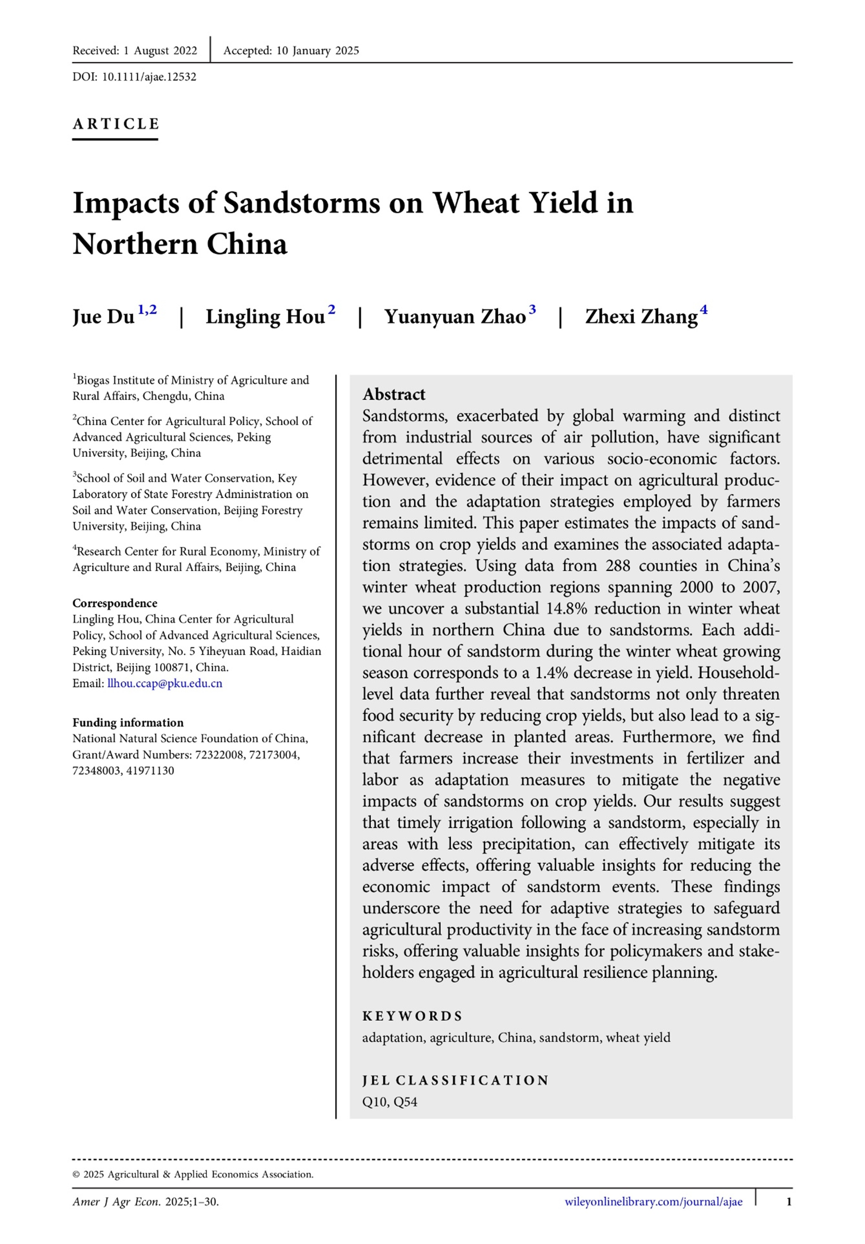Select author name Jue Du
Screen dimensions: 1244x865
[x=104, y=316]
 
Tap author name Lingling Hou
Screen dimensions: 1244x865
[x=265, y=316]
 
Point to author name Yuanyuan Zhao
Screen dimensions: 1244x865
[x=455, y=316]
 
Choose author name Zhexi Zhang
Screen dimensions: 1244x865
[x=641, y=316]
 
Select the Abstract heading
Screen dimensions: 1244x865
[x=394, y=394]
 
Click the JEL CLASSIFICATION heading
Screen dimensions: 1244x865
[x=456, y=1080]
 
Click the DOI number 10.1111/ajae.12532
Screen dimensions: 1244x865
[x=149, y=77]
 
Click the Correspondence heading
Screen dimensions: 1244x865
[x=115, y=603]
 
